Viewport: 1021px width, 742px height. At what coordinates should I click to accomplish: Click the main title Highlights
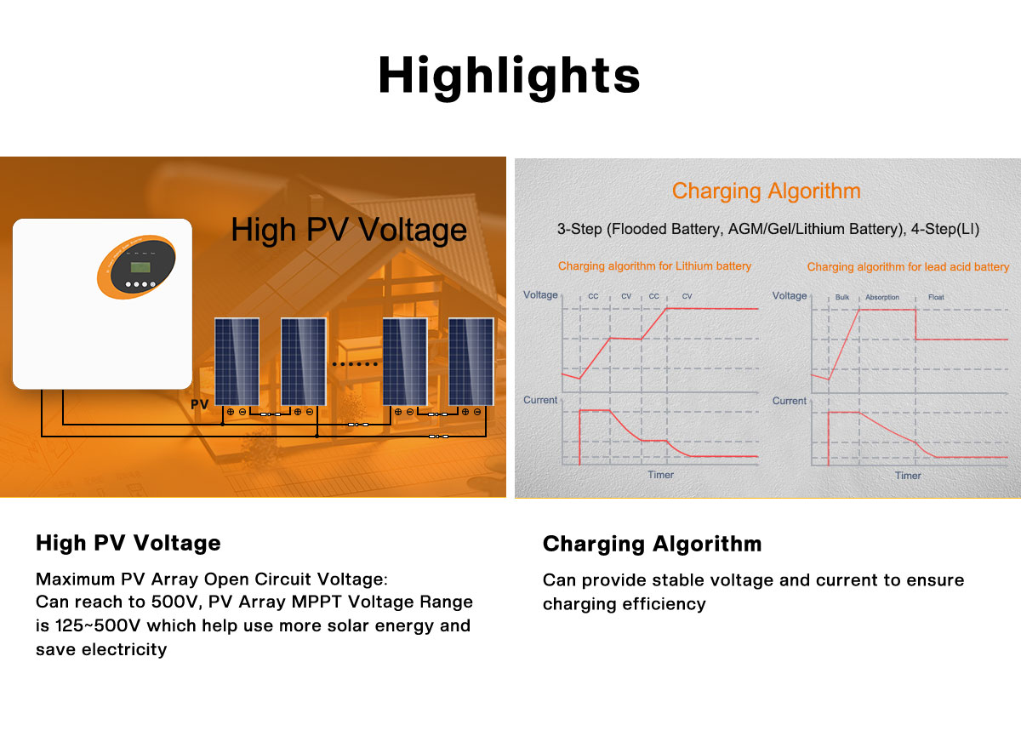[x=510, y=76]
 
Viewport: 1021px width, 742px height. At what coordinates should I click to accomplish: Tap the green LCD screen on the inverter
[x=140, y=267]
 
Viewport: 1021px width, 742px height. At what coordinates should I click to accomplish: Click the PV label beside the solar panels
[x=199, y=404]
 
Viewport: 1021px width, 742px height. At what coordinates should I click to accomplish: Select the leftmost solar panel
[x=237, y=362]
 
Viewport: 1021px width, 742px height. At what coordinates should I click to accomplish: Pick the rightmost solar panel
[x=471, y=362]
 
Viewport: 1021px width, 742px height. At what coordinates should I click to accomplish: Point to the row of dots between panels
[x=355, y=364]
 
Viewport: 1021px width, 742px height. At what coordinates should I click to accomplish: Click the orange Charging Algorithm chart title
[x=767, y=191]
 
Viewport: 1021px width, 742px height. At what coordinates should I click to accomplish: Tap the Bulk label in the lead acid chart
[x=841, y=297]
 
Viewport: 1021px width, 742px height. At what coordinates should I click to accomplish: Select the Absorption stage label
[x=882, y=297]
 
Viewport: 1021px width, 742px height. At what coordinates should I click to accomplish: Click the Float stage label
[x=936, y=297]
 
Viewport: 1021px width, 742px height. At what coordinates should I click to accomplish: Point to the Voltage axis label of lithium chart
[x=540, y=295]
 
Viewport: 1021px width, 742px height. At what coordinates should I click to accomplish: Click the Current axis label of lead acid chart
[x=789, y=401]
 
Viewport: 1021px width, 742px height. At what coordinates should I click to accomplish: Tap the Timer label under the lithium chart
[x=660, y=475]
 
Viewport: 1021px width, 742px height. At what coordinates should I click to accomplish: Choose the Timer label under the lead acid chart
[x=908, y=476]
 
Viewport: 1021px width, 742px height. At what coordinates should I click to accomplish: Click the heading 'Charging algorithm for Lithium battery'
[x=654, y=265]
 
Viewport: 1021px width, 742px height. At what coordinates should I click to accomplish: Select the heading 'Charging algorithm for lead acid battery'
[x=908, y=266]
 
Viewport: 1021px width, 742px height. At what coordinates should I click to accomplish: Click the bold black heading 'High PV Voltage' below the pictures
[x=128, y=543]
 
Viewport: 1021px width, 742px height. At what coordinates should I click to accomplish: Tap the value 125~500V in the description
[x=98, y=625]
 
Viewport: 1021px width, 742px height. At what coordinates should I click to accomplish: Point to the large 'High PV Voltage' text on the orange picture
[x=349, y=230]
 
